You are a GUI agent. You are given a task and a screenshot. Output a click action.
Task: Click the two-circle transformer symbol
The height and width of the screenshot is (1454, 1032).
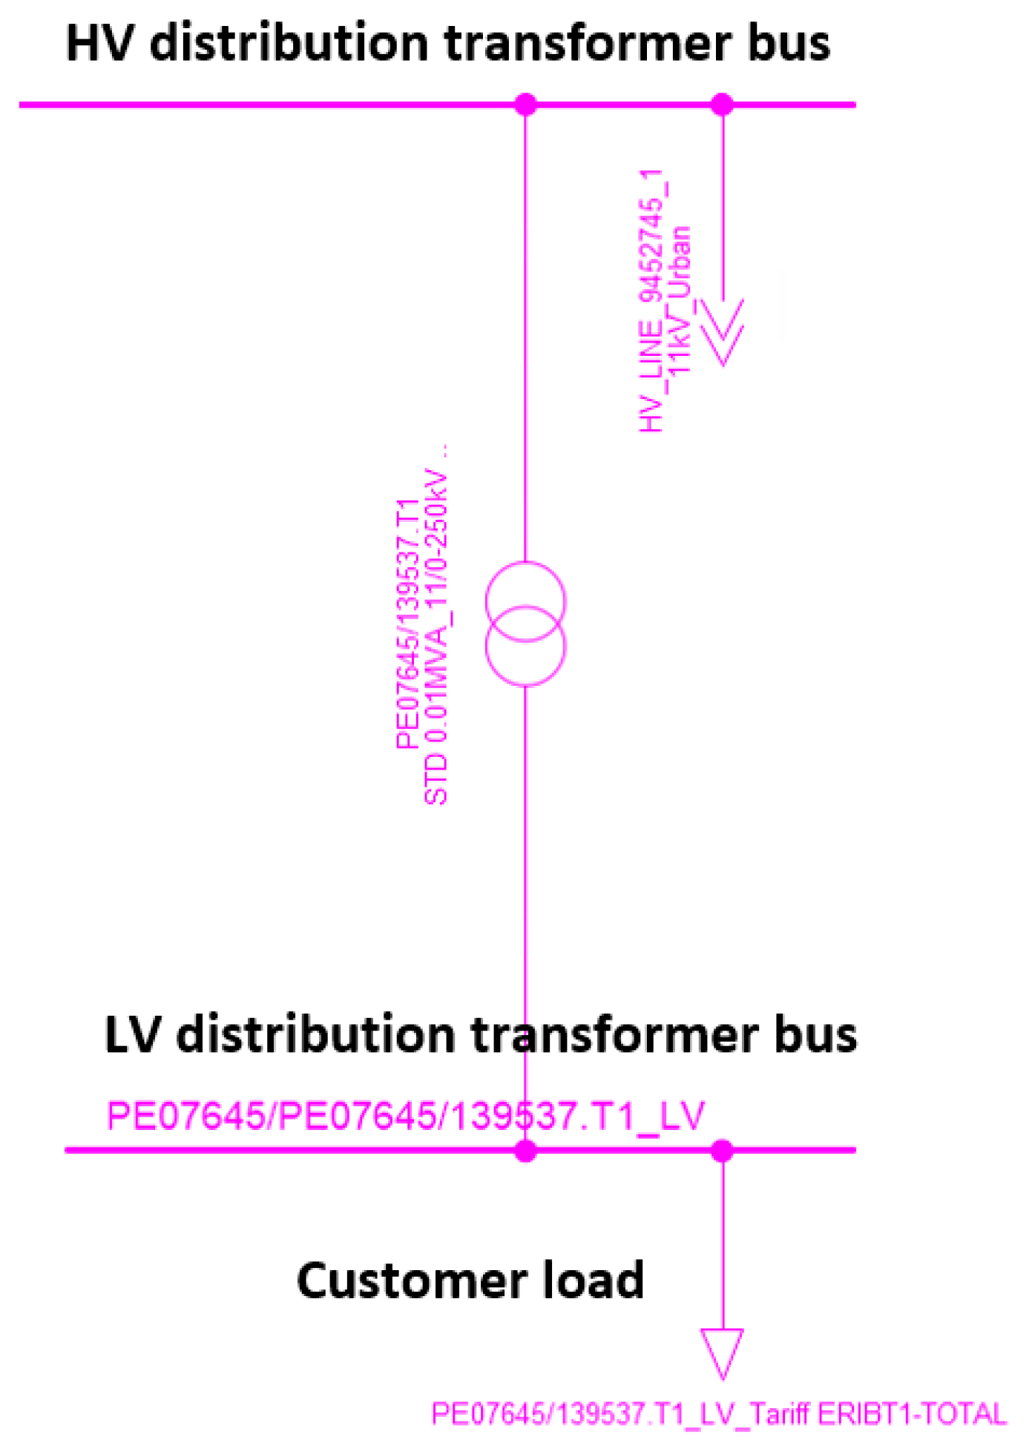click(525, 624)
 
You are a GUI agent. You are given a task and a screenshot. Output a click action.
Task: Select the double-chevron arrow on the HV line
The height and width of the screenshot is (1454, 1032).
click(722, 331)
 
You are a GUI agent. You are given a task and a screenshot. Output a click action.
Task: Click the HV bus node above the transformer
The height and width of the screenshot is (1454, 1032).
click(525, 105)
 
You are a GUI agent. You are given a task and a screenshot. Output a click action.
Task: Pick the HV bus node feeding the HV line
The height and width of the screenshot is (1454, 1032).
click(722, 105)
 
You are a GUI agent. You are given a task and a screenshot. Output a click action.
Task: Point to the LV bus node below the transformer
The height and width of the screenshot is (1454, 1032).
click(525, 1151)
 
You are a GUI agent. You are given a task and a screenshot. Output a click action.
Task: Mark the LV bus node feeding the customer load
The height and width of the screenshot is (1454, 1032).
click(722, 1151)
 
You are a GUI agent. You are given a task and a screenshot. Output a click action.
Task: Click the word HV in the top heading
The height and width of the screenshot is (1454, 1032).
click(99, 44)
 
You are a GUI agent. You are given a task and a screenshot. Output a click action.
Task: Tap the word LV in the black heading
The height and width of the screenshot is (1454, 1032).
click(132, 1035)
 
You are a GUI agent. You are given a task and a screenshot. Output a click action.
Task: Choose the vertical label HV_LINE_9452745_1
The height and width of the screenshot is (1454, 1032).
click(651, 300)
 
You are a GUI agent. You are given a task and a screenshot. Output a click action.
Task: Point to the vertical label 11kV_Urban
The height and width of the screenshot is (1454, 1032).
click(679, 300)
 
